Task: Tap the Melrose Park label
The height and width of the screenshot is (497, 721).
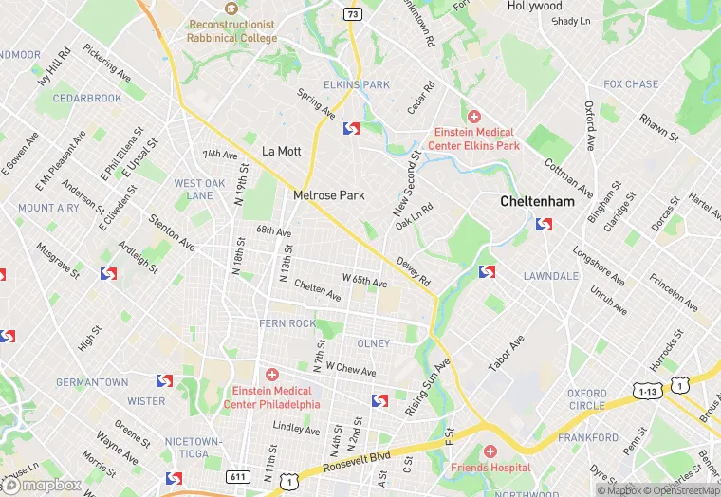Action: [x=329, y=194]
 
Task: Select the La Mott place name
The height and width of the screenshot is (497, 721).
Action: [x=281, y=151]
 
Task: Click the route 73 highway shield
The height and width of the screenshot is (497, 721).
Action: [x=352, y=14]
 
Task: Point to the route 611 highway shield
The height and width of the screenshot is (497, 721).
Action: [x=239, y=475]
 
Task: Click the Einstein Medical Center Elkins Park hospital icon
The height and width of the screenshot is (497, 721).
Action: [x=474, y=115]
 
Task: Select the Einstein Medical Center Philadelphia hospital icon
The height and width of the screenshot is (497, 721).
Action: [x=271, y=375]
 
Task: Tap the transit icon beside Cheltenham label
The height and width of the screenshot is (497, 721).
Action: [x=544, y=225]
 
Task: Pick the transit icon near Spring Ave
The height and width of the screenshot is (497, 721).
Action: [x=351, y=128]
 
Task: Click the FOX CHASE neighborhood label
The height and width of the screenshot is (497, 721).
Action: [x=631, y=84]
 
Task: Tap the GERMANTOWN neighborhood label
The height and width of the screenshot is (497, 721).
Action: [x=92, y=382]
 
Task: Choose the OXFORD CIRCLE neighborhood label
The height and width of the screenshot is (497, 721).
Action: [x=586, y=399]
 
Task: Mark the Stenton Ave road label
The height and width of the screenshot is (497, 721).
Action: [x=172, y=232]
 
